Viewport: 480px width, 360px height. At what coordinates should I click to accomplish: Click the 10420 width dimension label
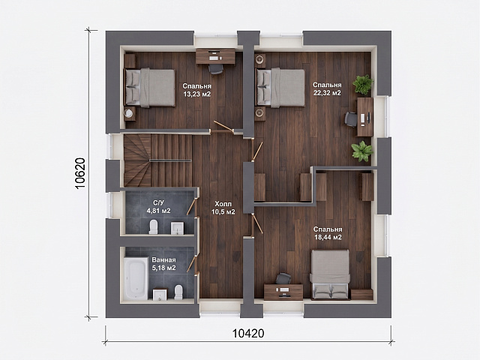click(248, 333)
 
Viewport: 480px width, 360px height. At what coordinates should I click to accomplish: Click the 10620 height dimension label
click(79, 173)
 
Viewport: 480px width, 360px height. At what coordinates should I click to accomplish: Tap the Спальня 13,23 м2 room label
click(196, 90)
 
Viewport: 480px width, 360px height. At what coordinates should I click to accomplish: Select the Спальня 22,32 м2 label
click(327, 88)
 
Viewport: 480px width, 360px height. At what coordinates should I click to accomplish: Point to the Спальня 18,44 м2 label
click(328, 233)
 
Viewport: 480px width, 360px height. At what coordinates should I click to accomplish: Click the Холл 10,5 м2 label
click(223, 208)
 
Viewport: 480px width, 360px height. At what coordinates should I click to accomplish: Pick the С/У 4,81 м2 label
click(158, 207)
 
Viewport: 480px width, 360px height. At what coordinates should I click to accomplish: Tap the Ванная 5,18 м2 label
click(163, 264)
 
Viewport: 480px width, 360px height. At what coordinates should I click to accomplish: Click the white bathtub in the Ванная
click(136, 278)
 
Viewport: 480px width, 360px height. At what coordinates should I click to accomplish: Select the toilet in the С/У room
click(153, 226)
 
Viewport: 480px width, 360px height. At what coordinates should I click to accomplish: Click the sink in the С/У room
click(177, 228)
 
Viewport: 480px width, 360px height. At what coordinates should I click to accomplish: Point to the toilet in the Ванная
click(178, 292)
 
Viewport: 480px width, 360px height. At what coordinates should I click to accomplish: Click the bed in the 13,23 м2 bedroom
click(149, 88)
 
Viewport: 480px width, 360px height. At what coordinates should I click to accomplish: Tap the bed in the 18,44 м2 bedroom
click(330, 274)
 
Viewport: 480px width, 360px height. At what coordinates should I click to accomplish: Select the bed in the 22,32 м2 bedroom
click(280, 88)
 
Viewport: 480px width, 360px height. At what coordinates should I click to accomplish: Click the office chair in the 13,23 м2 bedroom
click(215, 69)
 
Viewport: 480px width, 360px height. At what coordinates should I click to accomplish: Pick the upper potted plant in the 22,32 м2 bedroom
click(363, 83)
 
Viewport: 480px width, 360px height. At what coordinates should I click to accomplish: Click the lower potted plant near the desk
click(362, 151)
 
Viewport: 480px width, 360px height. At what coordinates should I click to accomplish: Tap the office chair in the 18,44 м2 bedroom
click(283, 278)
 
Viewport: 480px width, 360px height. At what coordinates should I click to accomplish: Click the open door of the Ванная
click(191, 265)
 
